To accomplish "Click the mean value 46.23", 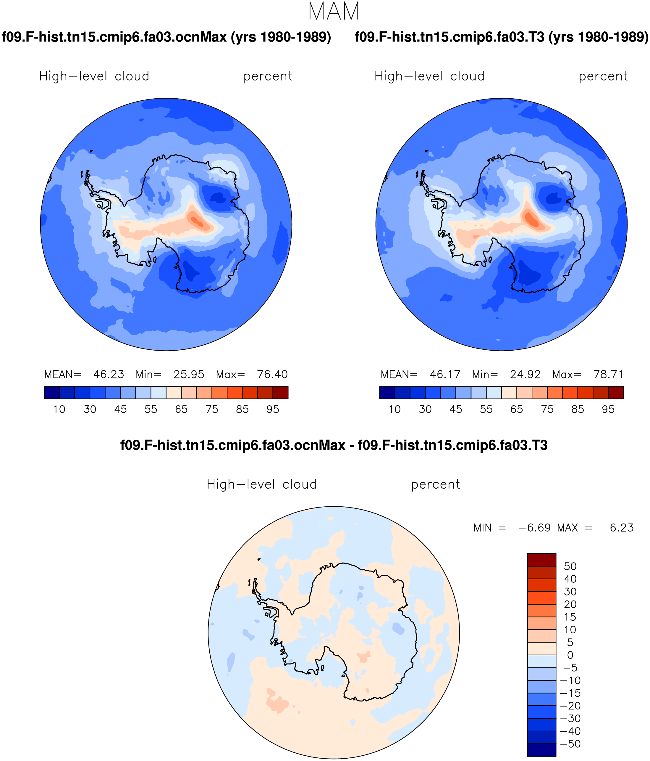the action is coord(109,374).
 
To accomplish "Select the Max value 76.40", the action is coord(272,374).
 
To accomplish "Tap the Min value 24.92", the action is coord(525,374).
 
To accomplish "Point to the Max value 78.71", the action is coord(609,374).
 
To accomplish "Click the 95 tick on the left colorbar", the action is coord(273,409).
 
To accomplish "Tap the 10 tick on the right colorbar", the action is coord(395,409).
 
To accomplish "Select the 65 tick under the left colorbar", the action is coord(181,409).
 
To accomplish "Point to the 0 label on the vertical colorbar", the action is coord(570,655).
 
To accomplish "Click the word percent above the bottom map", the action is coord(435,485).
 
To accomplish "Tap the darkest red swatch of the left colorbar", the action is coord(281,393).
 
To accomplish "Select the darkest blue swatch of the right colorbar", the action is coord(387,393).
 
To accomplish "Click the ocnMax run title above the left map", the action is coord(166,37).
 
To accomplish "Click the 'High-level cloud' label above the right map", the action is coord(430,76).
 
